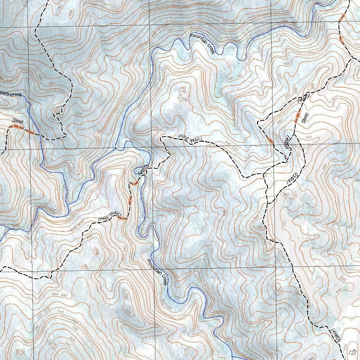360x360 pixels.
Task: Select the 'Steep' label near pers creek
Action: tap(18, 121)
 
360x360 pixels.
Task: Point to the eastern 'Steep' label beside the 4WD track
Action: tap(305, 118)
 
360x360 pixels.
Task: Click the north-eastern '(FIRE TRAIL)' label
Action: tap(190, 139)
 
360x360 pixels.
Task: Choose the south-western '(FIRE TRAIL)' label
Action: tap(109, 217)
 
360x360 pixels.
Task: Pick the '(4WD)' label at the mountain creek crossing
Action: tap(144, 169)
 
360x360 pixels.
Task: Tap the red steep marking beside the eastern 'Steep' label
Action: tap(298, 116)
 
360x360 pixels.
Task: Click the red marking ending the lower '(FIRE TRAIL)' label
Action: tap(121, 219)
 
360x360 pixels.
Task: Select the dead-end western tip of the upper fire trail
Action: tap(161, 138)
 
